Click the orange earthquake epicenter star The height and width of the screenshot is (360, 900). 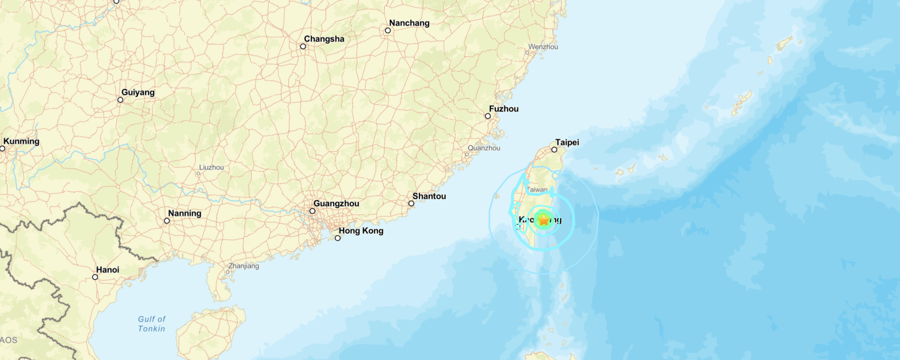coord(543,219)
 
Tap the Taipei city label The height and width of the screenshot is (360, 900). coord(567,142)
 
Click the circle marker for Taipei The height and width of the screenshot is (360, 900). coord(554,150)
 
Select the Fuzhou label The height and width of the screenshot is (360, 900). coord(503,109)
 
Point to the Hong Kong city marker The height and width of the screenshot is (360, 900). coord(337,238)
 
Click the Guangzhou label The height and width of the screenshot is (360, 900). coord(336,203)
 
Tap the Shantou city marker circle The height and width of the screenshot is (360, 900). coord(411,203)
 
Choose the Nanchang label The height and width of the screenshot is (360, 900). coord(409,23)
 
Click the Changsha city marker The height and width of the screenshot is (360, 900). coord(303,46)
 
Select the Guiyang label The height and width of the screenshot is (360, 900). coord(138,92)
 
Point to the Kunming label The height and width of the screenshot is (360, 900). coord(21,141)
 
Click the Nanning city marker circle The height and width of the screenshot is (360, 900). coord(167,221)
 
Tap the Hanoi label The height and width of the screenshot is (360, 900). coord(107,270)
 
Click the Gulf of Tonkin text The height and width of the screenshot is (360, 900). coord(151,324)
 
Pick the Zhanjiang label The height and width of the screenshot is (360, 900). coord(243,266)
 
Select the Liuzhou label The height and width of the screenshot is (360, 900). coord(211,167)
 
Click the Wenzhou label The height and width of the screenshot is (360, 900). coord(543,47)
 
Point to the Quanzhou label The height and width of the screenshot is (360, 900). coord(484,148)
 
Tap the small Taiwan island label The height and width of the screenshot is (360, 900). coord(537,190)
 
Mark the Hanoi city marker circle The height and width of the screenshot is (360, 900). coord(95,277)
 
